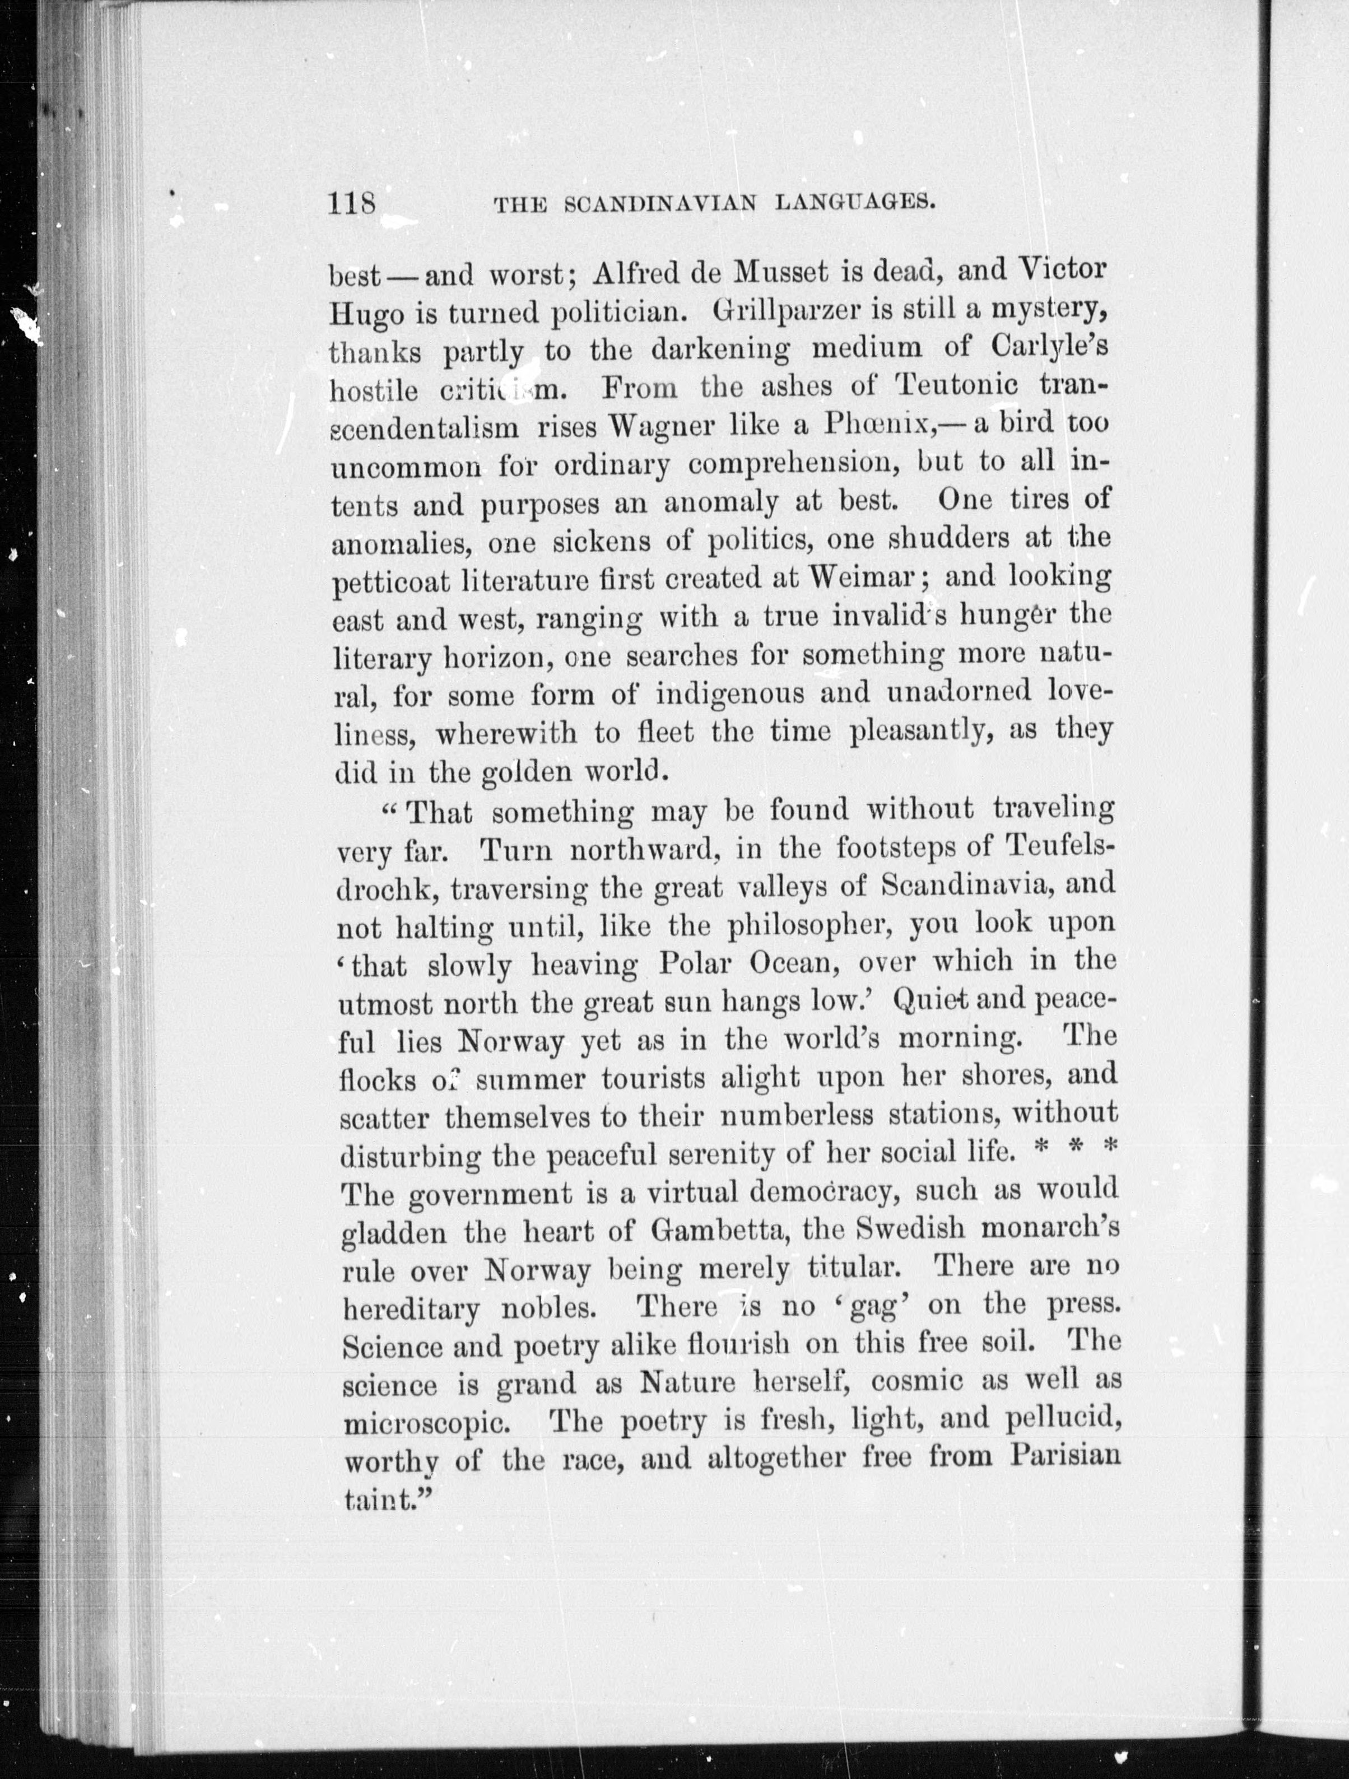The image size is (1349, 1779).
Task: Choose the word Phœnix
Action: coord(878,424)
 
